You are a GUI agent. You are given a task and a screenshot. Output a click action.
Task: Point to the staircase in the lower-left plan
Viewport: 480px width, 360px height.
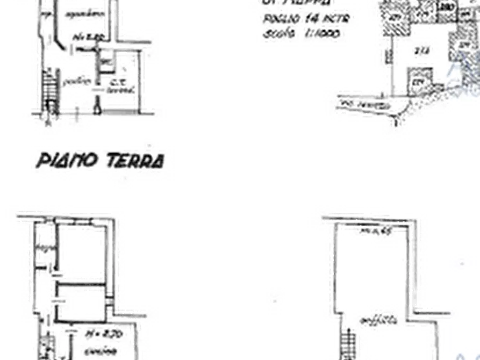[x=47, y=347]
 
